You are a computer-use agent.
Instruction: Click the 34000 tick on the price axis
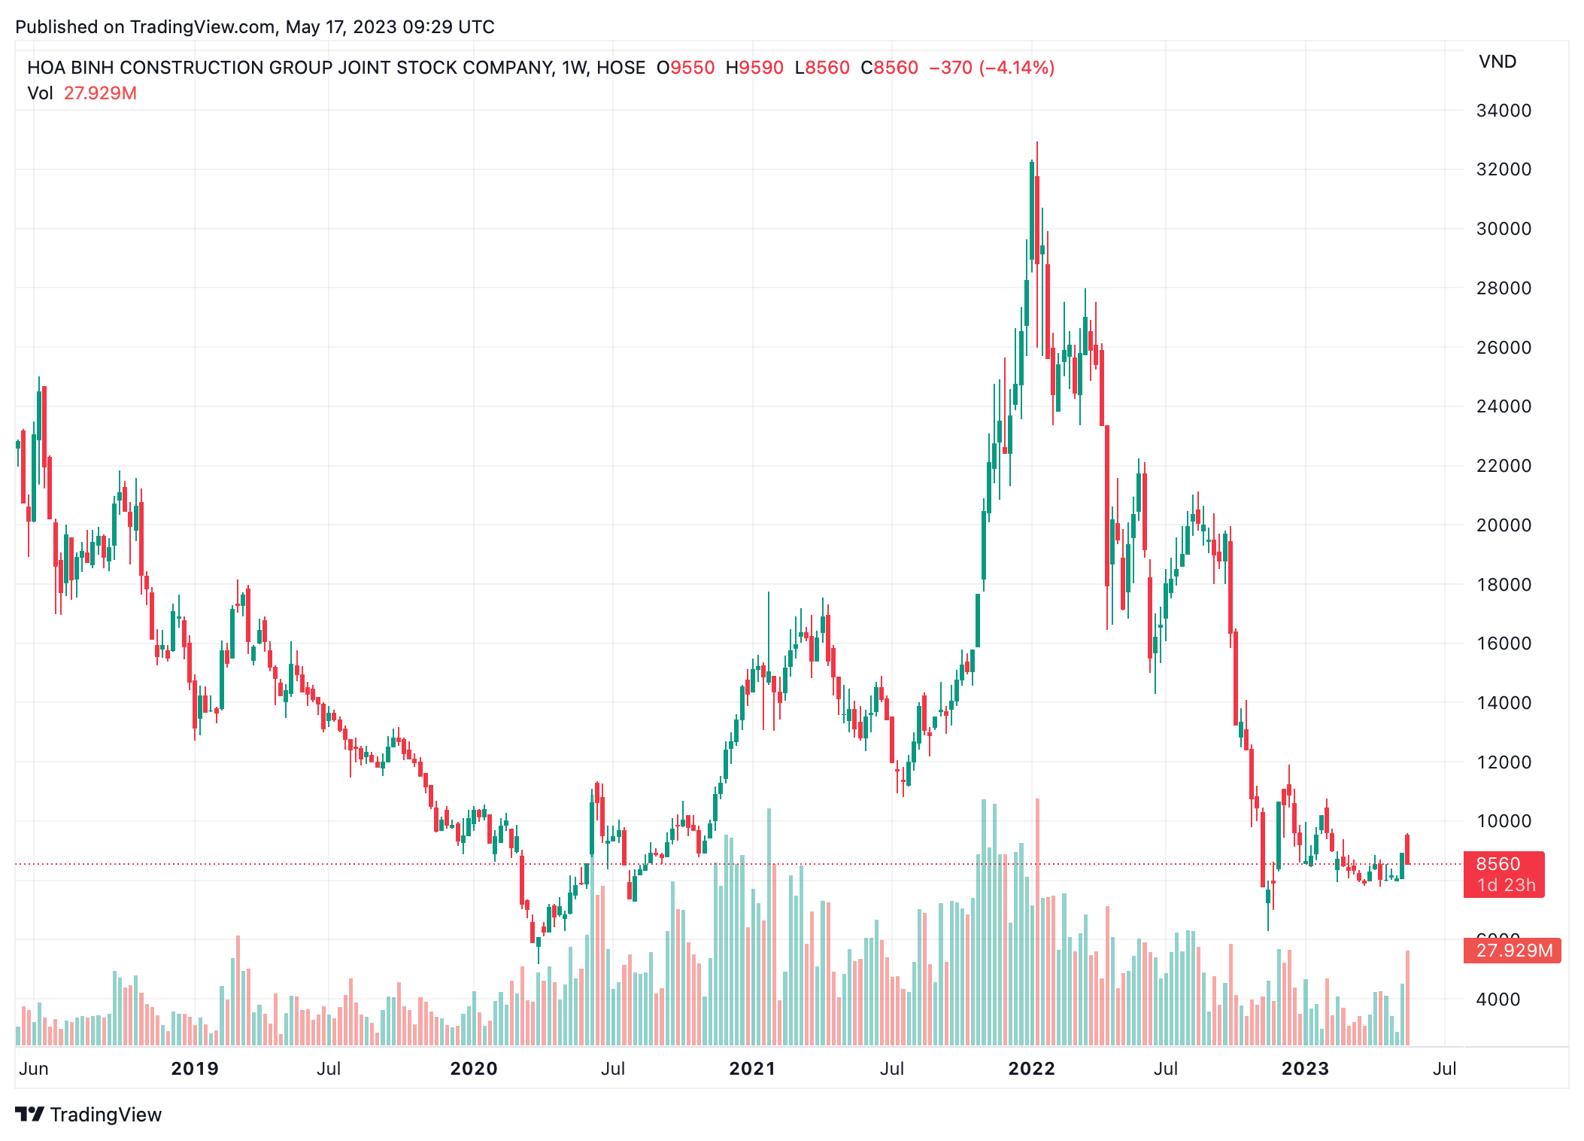point(1503,111)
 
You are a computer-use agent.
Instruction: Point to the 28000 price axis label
point(1503,288)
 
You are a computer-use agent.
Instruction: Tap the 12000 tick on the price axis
point(1503,762)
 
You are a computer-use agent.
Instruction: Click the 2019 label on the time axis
point(195,1069)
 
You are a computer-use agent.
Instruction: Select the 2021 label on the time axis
point(752,1069)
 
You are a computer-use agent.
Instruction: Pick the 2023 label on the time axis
point(1305,1069)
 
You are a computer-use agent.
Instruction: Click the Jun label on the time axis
point(34,1069)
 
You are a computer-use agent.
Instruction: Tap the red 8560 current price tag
point(1503,874)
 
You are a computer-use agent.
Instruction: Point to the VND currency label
point(1497,62)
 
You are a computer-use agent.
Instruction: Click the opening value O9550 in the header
point(685,68)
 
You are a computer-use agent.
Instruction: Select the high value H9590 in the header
point(754,68)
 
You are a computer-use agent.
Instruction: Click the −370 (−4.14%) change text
point(991,68)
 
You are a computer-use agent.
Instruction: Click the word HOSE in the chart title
point(621,68)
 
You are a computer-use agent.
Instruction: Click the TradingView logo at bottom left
point(88,1115)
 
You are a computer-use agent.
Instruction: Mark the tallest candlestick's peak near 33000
point(1037,143)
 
